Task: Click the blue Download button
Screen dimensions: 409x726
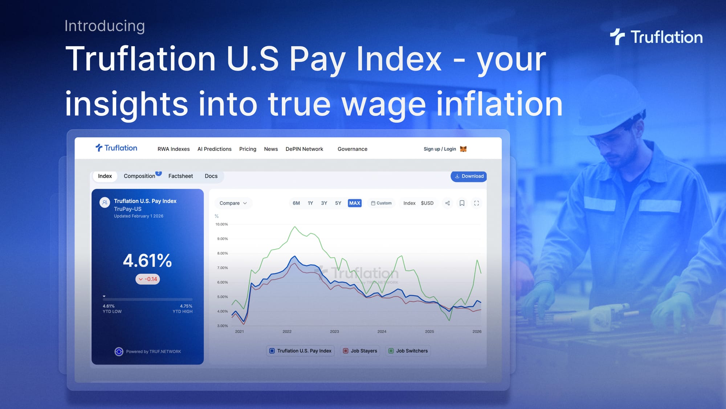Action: tap(469, 176)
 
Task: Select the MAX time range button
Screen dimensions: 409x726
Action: tap(355, 203)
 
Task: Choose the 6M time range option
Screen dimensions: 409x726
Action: tap(296, 203)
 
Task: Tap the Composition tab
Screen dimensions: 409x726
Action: tap(139, 176)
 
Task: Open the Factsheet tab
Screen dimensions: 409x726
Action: tap(180, 176)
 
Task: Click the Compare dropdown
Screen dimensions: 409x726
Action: tap(233, 203)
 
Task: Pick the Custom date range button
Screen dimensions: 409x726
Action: tap(381, 203)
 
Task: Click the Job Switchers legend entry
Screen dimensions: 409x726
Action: tap(408, 351)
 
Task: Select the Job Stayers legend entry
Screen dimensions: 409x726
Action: tap(360, 351)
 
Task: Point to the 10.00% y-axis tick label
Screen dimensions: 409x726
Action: tap(221, 224)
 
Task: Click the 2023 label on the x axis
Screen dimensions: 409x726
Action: tap(334, 332)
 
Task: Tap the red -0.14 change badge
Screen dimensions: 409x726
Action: tap(148, 279)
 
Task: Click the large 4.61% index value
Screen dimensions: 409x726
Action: tap(147, 261)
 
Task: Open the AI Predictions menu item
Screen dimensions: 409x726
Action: tap(214, 149)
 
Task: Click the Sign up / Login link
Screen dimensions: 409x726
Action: tap(440, 149)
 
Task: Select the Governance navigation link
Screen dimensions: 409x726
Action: tap(352, 149)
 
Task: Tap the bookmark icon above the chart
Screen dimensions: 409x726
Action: tap(462, 203)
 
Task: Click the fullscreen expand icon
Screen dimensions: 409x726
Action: tap(477, 203)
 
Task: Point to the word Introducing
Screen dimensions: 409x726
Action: tap(105, 26)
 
